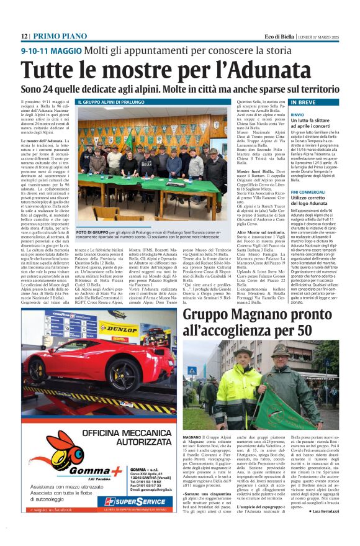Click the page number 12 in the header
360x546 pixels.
click(x=24, y=37)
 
